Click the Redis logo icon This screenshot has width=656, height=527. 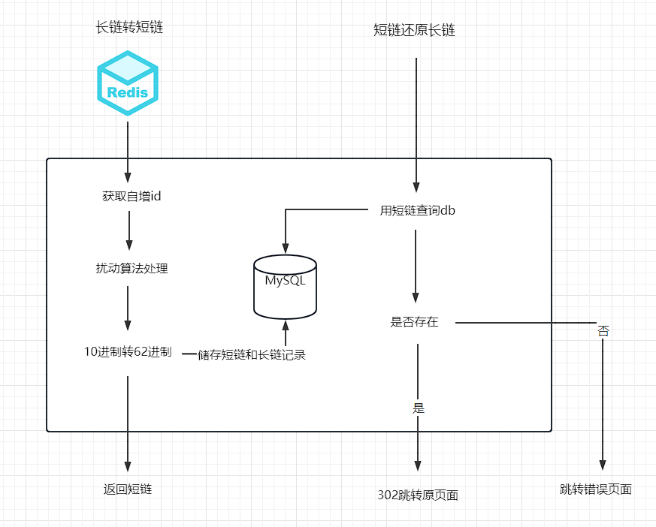tap(128, 83)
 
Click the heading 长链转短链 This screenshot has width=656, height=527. tap(129, 28)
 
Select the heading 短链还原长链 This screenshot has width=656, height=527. tap(415, 31)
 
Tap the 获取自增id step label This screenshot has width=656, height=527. tap(132, 197)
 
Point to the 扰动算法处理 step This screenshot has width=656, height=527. tap(132, 268)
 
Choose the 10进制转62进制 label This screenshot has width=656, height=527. tap(128, 351)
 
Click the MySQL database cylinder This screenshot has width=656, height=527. tap(285, 286)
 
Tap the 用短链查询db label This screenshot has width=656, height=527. tap(418, 211)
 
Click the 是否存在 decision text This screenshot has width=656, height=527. tap(414, 322)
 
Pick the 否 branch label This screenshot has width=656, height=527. tap(603, 330)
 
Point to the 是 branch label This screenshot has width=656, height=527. tap(419, 408)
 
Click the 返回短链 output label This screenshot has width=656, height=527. tap(128, 489)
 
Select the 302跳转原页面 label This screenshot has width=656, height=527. tap(418, 495)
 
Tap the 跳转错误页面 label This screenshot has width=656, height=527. tap(596, 489)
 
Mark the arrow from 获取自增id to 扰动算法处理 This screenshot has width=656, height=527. tap(129, 230)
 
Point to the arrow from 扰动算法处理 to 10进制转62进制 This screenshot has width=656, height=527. tap(128, 308)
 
